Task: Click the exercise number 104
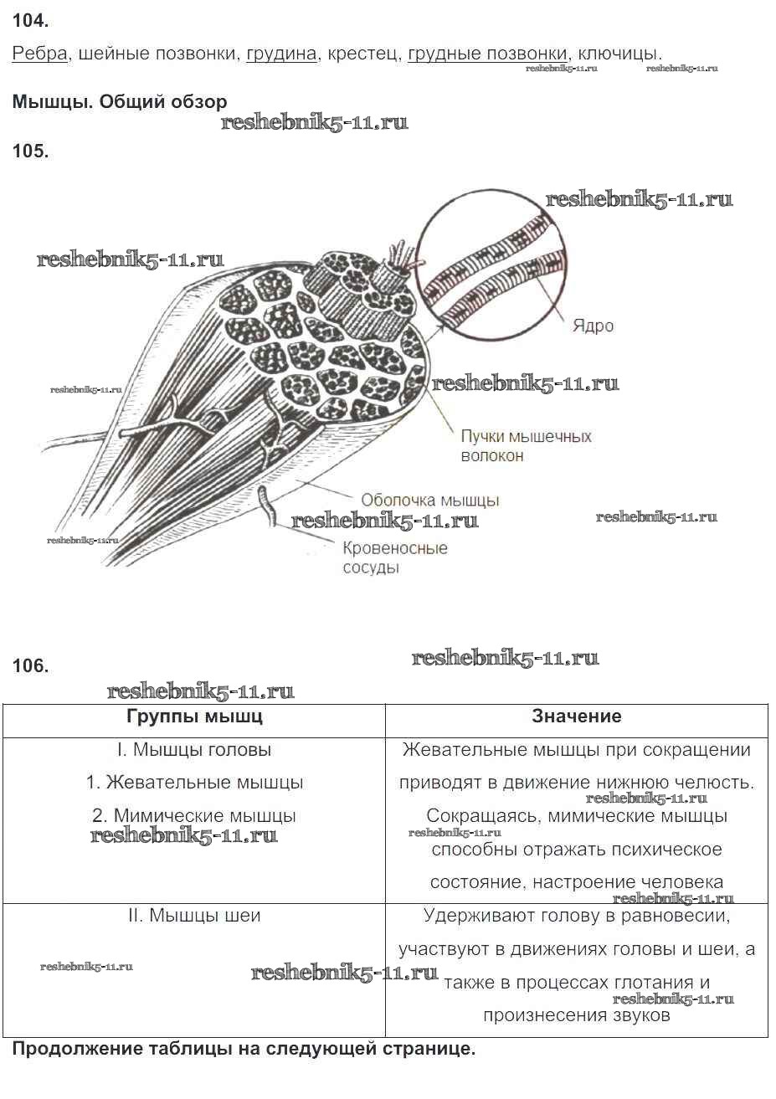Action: coord(31,20)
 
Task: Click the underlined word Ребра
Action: coord(39,54)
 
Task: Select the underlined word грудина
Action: coord(281,54)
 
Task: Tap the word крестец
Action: coord(362,54)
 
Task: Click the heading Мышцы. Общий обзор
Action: coord(120,102)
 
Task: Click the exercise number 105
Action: coord(31,151)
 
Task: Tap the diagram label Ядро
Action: coord(593,326)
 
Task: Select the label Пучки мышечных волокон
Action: coord(526,446)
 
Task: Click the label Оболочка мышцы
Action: coord(429,500)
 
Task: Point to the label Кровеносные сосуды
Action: coord(394,557)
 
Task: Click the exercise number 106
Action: coord(31,666)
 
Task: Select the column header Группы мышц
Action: coord(194,716)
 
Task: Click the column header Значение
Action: coord(577,716)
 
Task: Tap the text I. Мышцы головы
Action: coord(194,750)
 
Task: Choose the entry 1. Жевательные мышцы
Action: coord(194,783)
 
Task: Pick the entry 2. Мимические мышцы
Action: coord(194,816)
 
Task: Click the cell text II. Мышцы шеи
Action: coord(194,916)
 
